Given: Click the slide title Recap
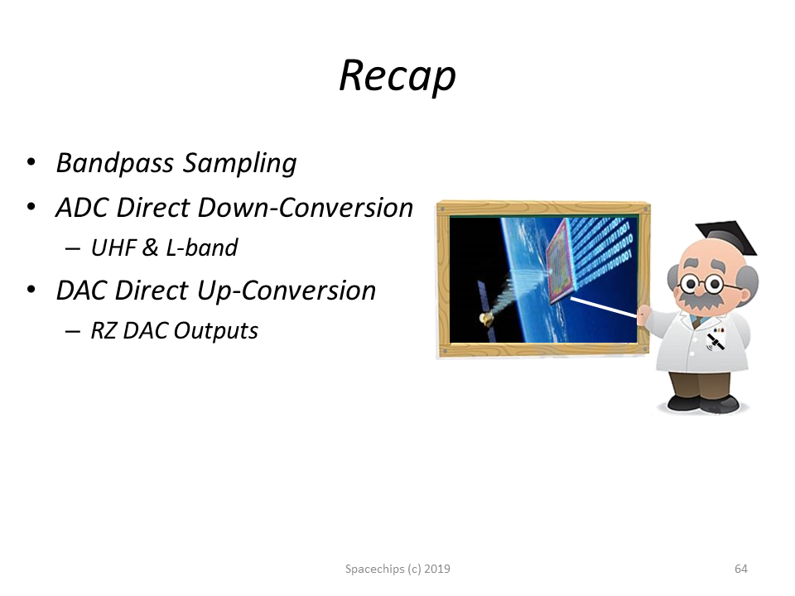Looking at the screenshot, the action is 397,76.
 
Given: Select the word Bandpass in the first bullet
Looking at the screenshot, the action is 114,163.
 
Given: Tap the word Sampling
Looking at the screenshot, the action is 240,164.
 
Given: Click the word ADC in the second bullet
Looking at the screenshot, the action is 82,208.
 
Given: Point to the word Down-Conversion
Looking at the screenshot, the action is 306,208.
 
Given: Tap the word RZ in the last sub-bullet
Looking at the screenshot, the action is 104,330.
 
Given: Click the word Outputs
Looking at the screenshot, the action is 216,331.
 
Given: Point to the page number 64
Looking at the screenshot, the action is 740,570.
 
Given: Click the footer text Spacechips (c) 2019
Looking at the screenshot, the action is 397,570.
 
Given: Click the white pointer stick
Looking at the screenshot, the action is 604,308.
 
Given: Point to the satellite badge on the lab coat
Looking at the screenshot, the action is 715,339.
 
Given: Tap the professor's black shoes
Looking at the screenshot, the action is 703,402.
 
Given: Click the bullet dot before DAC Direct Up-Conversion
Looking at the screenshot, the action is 31,290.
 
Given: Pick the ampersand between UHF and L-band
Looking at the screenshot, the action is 151,248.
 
